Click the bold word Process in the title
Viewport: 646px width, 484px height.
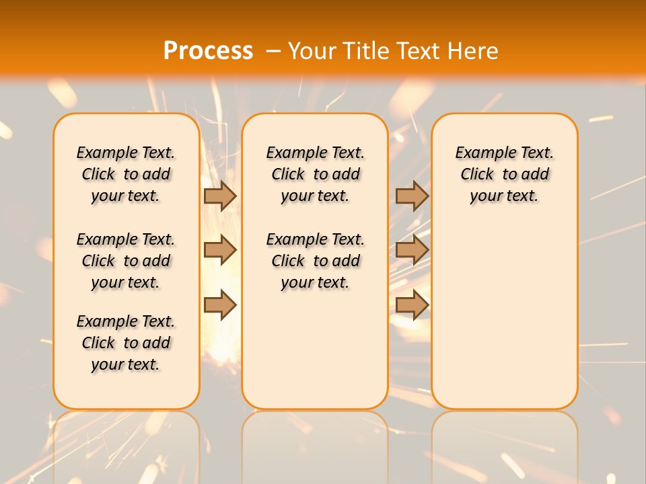coord(208,50)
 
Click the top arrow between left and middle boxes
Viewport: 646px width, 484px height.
coord(220,196)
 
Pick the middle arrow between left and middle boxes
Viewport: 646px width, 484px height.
coord(220,250)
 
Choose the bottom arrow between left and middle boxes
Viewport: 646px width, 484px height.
coord(220,305)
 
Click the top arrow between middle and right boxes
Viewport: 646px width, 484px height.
coord(412,196)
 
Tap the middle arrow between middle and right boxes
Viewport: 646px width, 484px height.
coord(412,250)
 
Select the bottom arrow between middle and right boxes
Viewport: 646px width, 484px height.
coord(412,305)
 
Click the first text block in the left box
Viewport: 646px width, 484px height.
coord(126,174)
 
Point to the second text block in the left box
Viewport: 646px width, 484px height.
coord(126,261)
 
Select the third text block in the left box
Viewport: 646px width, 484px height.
coord(126,343)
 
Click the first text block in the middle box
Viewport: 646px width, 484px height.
coord(315,174)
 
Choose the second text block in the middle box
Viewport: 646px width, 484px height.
coord(315,261)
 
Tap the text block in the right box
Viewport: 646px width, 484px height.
coord(504,174)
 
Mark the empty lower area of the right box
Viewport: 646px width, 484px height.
coord(504,309)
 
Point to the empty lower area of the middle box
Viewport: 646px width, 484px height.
coord(315,350)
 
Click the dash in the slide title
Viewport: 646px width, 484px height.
coord(273,50)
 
